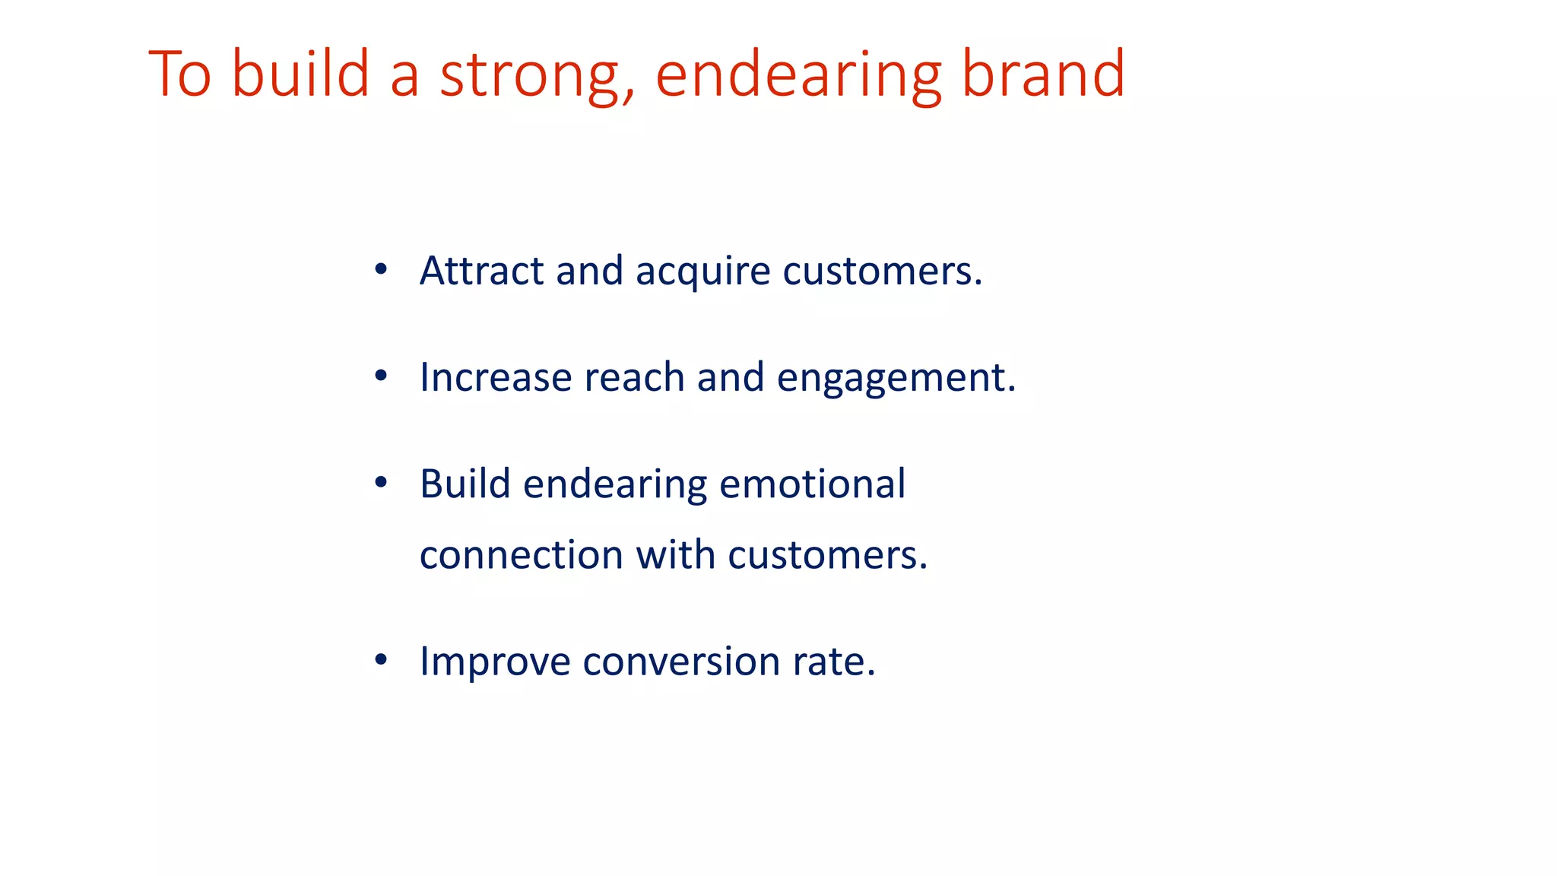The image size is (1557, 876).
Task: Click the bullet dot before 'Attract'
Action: [381, 269]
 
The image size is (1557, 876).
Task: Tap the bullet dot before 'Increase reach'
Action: [381, 376]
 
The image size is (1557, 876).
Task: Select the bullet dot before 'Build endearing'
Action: [381, 482]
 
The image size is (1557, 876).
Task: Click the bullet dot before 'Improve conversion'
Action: [381, 660]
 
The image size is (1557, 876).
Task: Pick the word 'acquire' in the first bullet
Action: [703, 272]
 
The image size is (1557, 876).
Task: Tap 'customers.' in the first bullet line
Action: [883, 272]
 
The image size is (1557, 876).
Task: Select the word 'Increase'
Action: [496, 377]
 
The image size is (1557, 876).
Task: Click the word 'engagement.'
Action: [896, 379]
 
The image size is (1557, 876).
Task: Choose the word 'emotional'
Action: [812, 484]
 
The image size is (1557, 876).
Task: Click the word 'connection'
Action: [521, 555]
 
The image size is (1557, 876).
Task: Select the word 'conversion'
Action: [681, 662]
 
